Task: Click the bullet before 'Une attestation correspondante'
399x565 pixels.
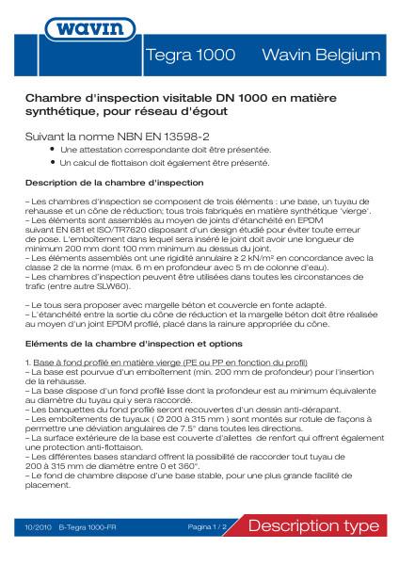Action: pyautogui.click(x=52, y=149)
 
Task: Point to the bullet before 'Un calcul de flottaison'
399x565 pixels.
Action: pyautogui.click(x=52, y=161)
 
